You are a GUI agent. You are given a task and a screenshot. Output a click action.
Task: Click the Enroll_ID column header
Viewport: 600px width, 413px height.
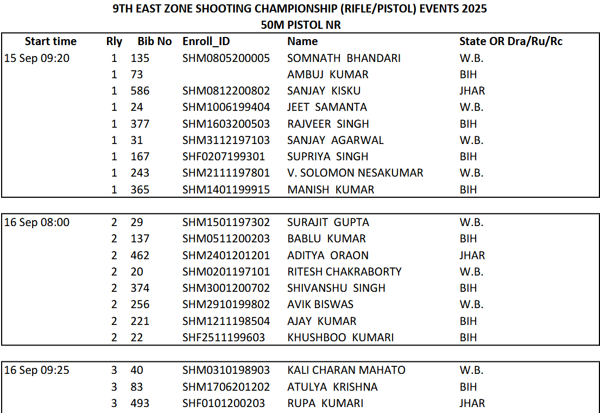click(206, 41)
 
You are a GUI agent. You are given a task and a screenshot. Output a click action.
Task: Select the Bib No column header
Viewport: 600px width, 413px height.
click(154, 41)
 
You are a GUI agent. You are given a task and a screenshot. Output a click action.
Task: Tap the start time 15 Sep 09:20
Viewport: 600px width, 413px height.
click(37, 58)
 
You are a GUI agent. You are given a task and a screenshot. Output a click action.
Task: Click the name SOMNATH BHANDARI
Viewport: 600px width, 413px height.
click(344, 58)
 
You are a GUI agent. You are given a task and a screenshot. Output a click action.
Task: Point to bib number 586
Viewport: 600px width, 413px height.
click(140, 91)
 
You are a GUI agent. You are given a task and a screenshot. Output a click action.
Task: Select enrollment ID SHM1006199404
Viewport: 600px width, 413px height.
click(226, 107)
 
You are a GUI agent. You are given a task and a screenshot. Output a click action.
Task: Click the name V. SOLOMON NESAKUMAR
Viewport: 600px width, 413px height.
click(355, 173)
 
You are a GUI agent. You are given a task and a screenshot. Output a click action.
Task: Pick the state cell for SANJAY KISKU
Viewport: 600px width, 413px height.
click(472, 91)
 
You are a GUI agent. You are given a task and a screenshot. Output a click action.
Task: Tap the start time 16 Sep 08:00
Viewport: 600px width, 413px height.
click(37, 222)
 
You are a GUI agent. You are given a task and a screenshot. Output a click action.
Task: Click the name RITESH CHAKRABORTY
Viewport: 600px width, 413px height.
click(344, 272)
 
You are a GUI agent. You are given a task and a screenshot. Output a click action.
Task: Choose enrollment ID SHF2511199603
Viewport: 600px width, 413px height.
click(224, 337)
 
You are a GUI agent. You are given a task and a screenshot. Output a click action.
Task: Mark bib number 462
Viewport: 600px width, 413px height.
click(140, 255)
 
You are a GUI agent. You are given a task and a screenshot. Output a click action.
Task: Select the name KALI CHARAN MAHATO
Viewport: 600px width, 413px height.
click(346, 370)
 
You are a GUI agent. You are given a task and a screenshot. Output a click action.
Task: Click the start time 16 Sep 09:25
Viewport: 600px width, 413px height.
click(37, 370)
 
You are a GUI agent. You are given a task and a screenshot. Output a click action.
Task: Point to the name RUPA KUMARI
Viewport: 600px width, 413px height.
click(325, 403)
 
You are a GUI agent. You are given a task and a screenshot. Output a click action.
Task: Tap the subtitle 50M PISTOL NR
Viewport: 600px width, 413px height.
click(300, 24)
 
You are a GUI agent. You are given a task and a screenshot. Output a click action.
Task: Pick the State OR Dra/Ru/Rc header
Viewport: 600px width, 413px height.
click(510, 41)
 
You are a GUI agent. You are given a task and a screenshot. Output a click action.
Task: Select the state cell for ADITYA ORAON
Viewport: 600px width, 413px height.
click(472, 255)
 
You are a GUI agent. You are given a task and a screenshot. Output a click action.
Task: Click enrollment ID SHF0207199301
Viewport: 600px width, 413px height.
click(224, 157)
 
